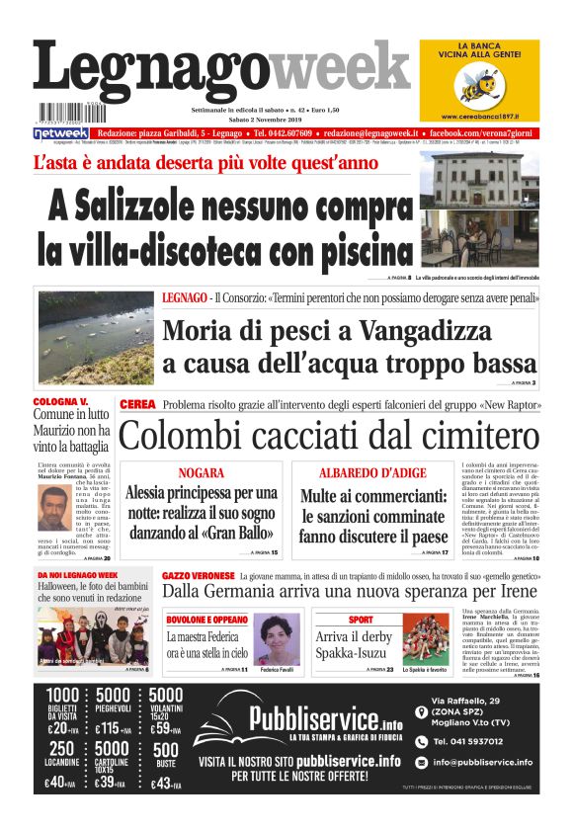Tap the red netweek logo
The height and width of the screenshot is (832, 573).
pos(60,131)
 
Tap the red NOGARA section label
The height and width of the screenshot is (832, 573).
pos(203,473)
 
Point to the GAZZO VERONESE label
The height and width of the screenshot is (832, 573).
pos(197,575)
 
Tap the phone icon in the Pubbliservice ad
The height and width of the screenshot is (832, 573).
pos(422,740)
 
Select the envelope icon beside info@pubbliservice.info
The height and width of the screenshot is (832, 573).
pos(422,762)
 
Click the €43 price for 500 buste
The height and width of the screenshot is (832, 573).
pos(165,784)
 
